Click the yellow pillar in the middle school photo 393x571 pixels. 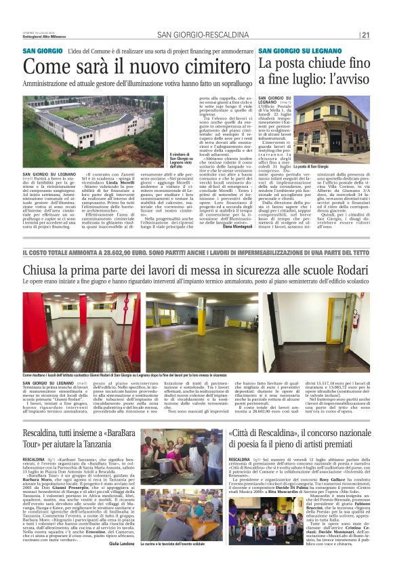click(201, 325)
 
